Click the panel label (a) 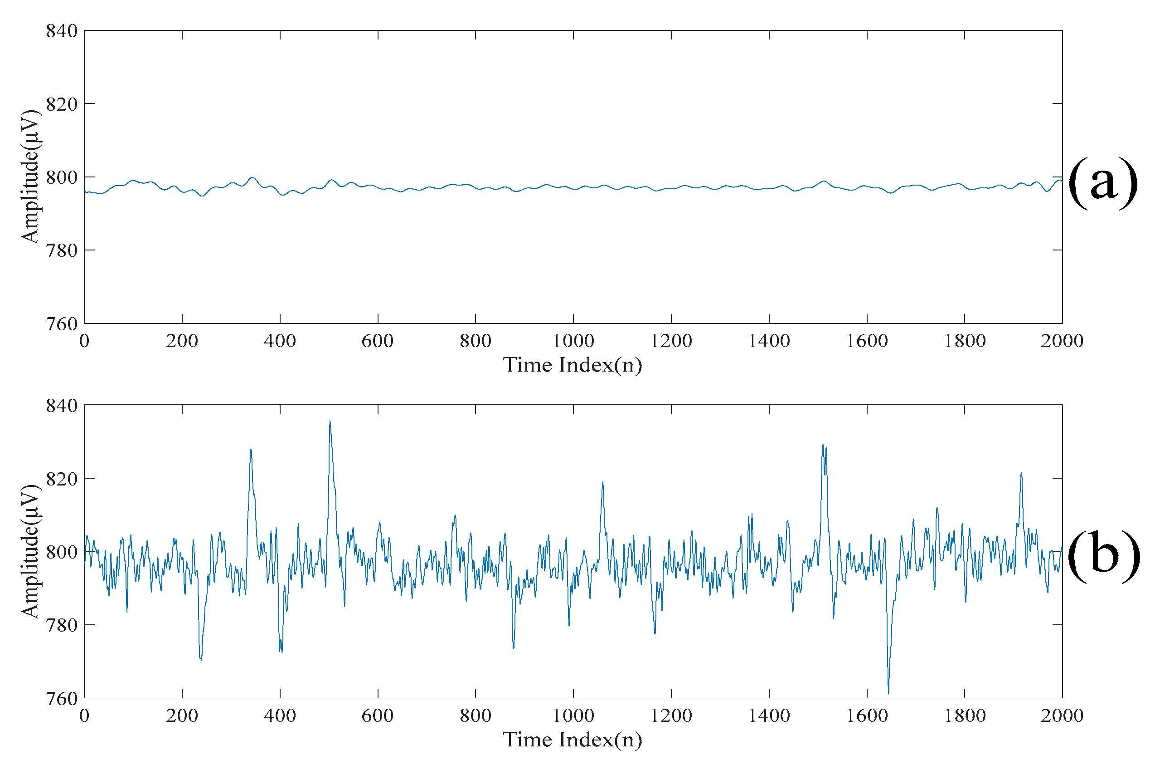click(1102, 182)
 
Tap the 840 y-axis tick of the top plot click(62, 31)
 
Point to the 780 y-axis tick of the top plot click(62, 250)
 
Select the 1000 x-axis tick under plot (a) click(573, 341)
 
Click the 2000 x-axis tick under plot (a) click(1062, 341)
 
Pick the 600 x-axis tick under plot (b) click(378, 716)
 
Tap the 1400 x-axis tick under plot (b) click(769, 716)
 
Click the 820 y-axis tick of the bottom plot click(62, 479)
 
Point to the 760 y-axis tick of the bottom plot click(62, 699)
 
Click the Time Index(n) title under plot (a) click(573, 365)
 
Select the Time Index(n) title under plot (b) click(573, 740)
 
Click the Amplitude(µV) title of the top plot click(30, 177)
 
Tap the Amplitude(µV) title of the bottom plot click(30, 552)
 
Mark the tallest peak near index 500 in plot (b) click(330, 422)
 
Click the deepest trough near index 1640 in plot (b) click(888, 693)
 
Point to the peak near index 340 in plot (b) click(251, 450)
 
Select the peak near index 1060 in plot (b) click(603, 483)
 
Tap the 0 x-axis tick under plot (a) click(84, 341)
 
